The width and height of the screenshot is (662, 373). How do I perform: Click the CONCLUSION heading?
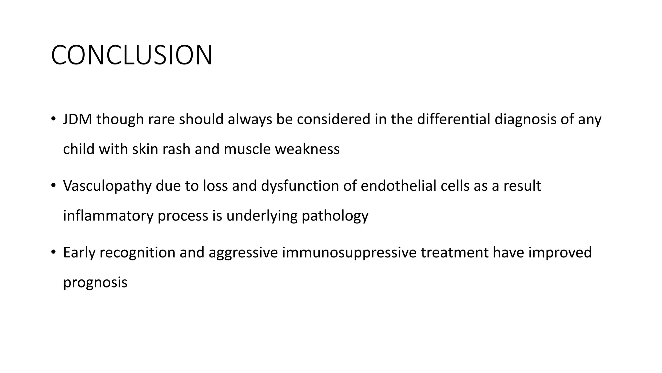click(132, 55)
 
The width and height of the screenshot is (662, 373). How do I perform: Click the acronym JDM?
click(78, 119)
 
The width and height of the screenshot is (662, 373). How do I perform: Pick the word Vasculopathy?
click(107, 186)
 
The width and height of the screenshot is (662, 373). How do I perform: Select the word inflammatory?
click(108, 216)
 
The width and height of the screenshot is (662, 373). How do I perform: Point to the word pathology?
click(335, 216)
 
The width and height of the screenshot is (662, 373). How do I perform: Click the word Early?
click(79, 253)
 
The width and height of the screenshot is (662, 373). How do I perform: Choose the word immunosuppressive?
click(349, 253)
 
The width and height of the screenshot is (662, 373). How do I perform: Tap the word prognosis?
click(95, 283)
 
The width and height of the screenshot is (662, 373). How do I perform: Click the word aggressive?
click(243, 253)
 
